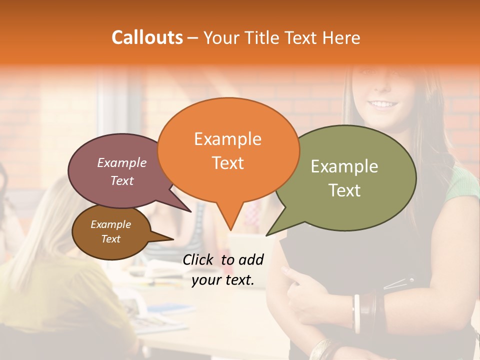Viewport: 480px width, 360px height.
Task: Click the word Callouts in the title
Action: click(147, 37)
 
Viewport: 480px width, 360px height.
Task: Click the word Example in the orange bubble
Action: click(227, 139)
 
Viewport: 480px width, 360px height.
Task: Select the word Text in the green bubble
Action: click(344, 190)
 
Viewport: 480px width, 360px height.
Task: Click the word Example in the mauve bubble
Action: click(121, 162)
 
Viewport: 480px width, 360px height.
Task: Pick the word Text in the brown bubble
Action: click(110, 239)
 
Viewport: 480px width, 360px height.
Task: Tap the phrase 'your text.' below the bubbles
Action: click(222, 280)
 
